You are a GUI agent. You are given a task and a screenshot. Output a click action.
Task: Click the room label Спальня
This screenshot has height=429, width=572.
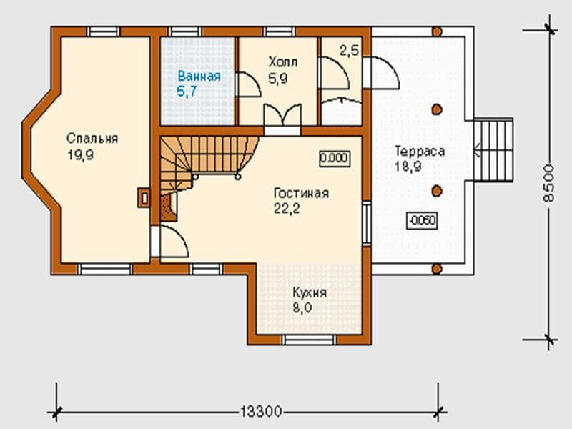pyautogui.click(x=92, y=139)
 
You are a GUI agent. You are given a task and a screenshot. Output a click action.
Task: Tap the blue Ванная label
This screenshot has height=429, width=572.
pyautogui.click(x=199, y=77)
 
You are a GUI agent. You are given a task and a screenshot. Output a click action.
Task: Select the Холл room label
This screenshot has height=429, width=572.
pyautogui.click(x=283, y=62)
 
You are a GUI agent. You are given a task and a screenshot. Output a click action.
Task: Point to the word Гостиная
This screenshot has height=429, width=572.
pyautogui.click(x=301, y=193)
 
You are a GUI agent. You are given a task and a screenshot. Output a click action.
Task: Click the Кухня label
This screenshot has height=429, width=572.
pyautogui.click(x=310, y=292)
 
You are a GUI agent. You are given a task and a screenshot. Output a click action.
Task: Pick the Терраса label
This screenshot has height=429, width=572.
pyautogui.click(x=420, y=151)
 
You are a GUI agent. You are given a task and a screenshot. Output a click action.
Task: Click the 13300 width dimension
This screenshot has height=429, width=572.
pyautogui.click(x=261, y=412)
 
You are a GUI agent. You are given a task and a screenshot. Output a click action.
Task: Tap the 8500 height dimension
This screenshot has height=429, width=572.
pyautogui.click(x=548, y=183)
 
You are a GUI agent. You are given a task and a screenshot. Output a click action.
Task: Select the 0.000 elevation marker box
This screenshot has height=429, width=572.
pyautogui.click(x=335, y=159)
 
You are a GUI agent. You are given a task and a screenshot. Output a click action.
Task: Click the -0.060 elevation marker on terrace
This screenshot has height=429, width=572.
pyautogui.click(x=422, y=220)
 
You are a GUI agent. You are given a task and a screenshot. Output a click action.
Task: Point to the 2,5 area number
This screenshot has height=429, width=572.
pyautogui.click(x=350, y=50)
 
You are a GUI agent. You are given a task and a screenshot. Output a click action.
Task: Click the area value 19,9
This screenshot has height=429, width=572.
pyautogui.click(x=81, y=155)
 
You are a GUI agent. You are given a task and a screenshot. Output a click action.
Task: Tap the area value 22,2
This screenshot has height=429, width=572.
pyautogui.click(x=287, y=209)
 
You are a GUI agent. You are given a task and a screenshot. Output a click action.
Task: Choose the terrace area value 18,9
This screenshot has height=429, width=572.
pyautogui.click(x=408, y=167)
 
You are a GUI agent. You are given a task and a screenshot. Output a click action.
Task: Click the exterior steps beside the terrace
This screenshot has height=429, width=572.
pyautogui.click(x=493, y=150)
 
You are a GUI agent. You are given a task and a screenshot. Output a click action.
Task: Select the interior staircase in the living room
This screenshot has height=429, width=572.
pyautogui.click(x=208, y=160)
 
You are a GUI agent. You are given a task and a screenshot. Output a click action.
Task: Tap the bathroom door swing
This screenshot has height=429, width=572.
pyautogui.click(x=249, y=84)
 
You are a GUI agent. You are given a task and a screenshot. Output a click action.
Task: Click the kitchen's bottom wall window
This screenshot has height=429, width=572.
pyautogui.click(x=309, y=340)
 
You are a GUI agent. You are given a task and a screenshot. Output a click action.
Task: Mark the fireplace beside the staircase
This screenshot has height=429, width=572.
pyautogui.click(x=169, y=207)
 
